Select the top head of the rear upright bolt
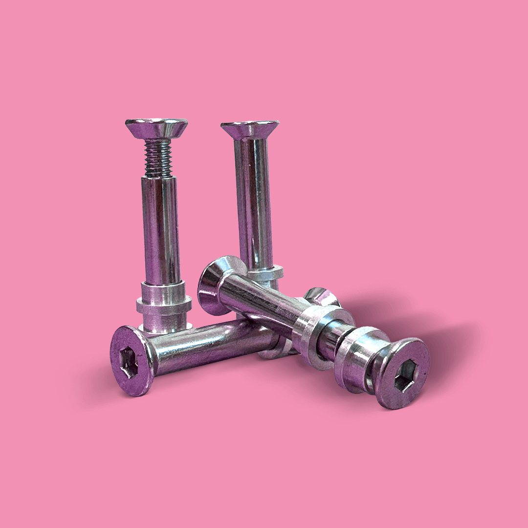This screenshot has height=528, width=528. click(250, 129)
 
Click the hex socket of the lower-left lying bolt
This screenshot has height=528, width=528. click(130, 363)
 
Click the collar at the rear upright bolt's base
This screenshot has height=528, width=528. click(270, 272)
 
